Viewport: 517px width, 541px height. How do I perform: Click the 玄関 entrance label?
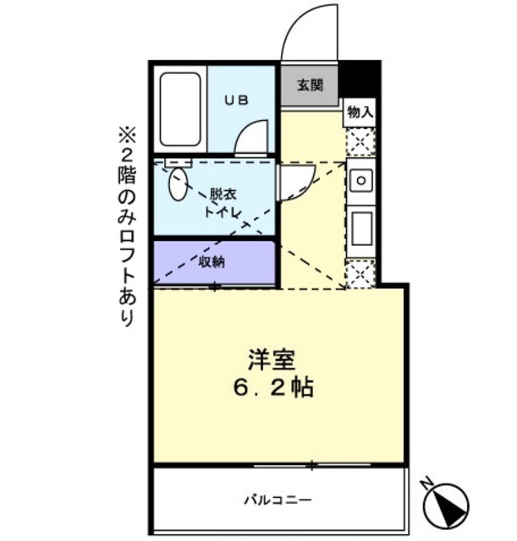pyautogui.click(x=310, y=85)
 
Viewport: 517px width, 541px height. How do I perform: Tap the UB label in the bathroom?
pyautogui.click(x=235, y=100)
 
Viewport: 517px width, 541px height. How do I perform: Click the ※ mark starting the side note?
pyautogui.click(x=127, y=134)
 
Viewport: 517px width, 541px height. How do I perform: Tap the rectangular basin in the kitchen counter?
pyautogui.click(x=360, y=226)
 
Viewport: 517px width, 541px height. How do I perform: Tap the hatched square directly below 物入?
pyautogui.click(x=360, y=141)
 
